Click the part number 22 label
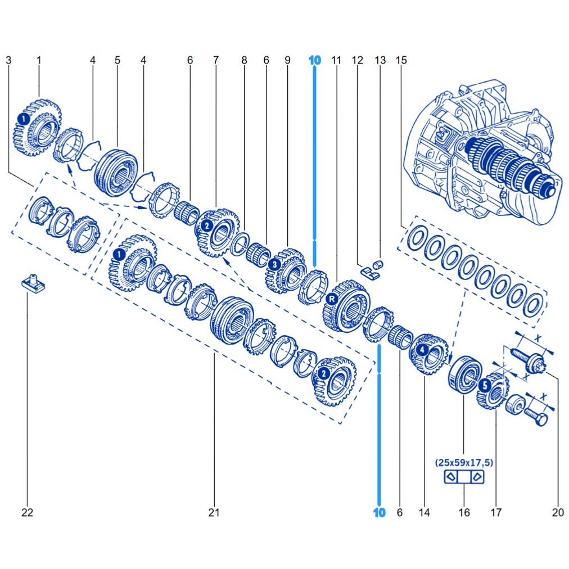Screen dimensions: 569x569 point(27,512)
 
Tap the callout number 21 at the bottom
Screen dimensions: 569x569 point(214,512)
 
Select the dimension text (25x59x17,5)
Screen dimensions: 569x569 point(464,463)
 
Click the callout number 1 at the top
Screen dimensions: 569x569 point(39,60)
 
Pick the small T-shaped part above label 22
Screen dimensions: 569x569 point(33,283)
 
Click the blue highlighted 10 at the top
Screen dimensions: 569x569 point(314,60)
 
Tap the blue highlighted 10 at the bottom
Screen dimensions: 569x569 point(380,512)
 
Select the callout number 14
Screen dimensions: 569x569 point(424,512)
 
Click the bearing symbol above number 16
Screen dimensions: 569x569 point(464,477)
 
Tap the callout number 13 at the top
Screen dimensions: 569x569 point(380,60)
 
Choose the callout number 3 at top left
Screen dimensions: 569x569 point(8,60)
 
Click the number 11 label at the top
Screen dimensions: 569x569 point(336,60)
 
